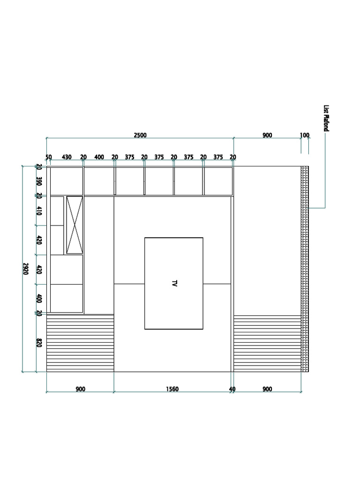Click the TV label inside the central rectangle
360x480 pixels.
174,283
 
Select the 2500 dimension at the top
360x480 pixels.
140,135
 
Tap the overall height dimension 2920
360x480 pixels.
26,269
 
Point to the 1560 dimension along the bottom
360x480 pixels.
172,389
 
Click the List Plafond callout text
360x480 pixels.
326,118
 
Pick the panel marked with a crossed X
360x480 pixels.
75,225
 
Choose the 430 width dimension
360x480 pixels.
67,157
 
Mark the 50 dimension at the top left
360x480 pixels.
49,157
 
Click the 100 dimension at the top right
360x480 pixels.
305,135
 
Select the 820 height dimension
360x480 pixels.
39,343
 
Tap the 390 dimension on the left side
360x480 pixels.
39,181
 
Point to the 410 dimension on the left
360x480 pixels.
39,210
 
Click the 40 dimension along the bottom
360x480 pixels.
232,389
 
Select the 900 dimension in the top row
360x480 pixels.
267,135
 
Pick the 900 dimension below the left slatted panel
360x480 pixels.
81,389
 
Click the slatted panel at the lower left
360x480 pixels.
80,343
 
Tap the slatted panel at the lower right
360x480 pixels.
267,344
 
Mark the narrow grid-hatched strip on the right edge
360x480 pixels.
305,269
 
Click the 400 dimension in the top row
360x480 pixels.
99,157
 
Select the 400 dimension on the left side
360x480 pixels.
39,299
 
